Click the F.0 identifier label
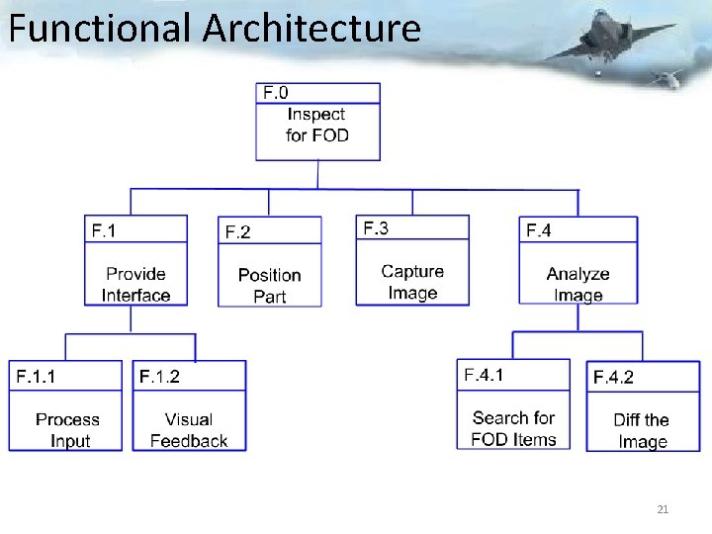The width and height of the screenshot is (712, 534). click(x=276, y=93)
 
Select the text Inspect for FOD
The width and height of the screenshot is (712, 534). click(x=317, y=125)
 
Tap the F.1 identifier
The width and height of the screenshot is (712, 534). click(x=103, y=230)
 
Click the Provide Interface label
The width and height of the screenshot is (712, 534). click(x=135, y=285)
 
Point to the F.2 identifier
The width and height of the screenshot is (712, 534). click(x=237, y=232)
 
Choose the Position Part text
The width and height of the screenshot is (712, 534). click(x=269, y=286)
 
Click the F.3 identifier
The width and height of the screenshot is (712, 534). click(x=376, y=228)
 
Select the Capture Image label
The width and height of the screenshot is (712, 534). click(x=412, y=282)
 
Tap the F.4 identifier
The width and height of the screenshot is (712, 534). click(x=539, y=230)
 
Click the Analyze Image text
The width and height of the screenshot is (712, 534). click(x=578, y=285)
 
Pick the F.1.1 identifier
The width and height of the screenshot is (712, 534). click(x=37, y=376)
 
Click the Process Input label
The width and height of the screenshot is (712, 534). click(x=67, y=431)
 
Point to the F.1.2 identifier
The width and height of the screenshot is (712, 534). click(x=160, y=376)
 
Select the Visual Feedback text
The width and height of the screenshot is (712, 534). click(x=188, y=431)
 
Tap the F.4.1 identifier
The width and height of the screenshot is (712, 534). click(x=484, y=374)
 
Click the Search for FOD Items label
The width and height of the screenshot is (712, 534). click(x=513, y=429)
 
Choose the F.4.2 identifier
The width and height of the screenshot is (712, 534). click(x=613, y=377)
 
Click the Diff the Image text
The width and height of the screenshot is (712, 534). click(x=642, y=431)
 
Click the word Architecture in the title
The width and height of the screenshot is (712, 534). click(x=312, y=28)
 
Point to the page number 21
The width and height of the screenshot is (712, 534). click(x=663, y=509)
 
